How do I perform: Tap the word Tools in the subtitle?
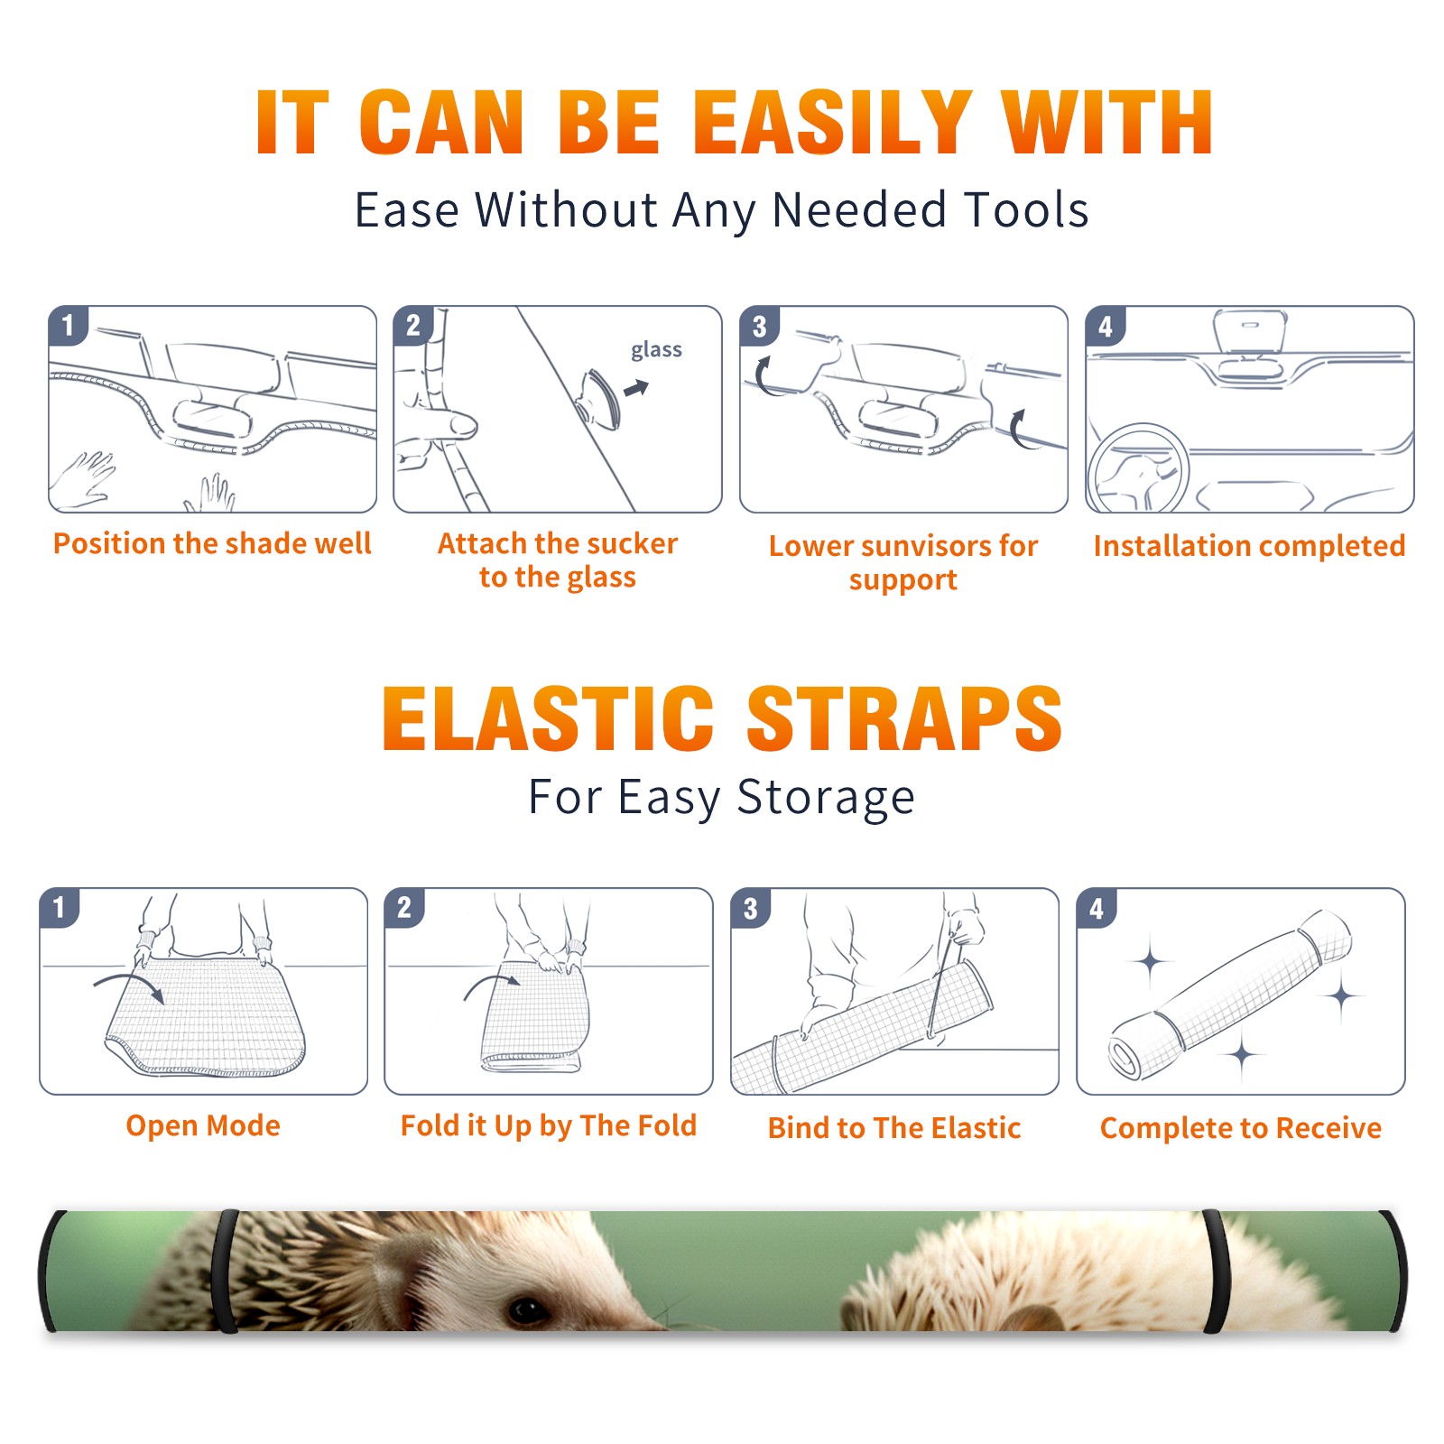coord(1026,209)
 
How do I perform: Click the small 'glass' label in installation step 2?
coord(656,350)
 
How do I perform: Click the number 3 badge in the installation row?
coord(759,326)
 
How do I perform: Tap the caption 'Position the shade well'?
coord(212,543)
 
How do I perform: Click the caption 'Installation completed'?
coord(1249,545)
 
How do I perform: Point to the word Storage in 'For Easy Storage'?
coord(826,798)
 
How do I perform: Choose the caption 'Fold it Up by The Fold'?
coord(549,1125)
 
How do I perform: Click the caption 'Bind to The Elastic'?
coord(894,1128)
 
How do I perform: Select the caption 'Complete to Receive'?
coord(1241,1128)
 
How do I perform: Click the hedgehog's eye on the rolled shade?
coord(526,1309)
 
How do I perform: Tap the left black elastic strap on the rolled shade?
coord(227,1272)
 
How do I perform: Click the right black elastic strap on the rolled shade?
coord(1216,1272)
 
